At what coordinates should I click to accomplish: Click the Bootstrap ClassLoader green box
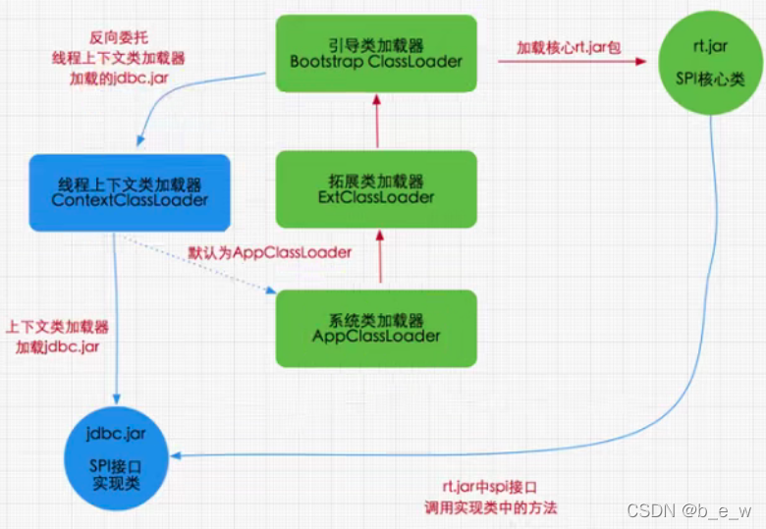(376, 53)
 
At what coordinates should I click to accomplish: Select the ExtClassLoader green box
(376, 188)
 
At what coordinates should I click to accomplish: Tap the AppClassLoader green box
(376, 328)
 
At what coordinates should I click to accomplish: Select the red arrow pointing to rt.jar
(570, 61)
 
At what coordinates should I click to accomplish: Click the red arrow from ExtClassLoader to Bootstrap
(376, 123)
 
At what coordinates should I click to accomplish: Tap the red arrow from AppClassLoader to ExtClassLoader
(376, 259)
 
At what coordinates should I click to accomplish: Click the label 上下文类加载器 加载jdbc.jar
(57, 337)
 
